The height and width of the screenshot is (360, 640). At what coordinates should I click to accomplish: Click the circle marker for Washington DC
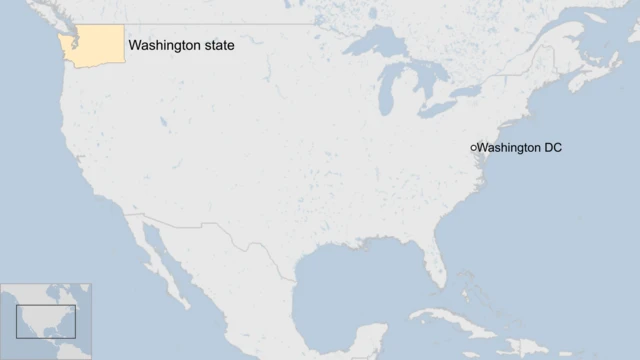point(473,148)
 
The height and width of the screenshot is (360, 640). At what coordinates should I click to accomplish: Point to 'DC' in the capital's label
point(552,148)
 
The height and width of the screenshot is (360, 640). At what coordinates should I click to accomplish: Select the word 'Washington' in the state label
point(163,45)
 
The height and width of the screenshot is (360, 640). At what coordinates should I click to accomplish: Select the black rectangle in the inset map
point(46,322)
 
